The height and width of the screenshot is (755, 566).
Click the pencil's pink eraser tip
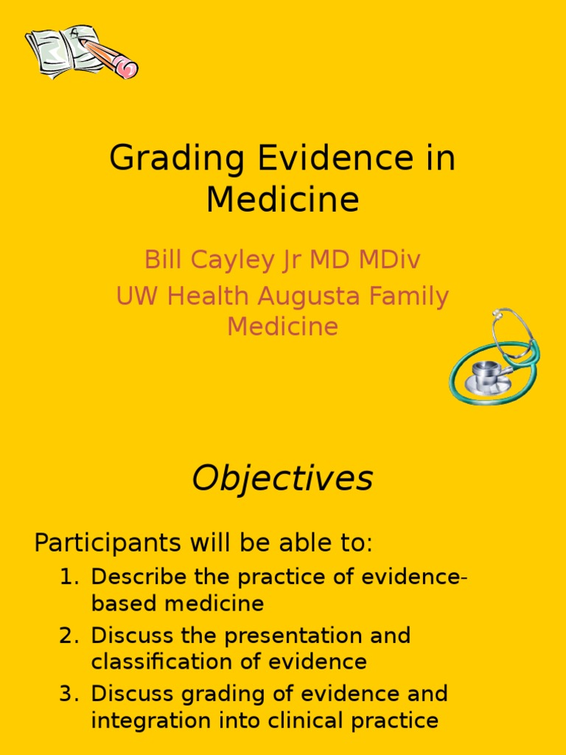pos(129,69)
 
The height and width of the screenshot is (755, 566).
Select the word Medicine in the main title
pos(283,200)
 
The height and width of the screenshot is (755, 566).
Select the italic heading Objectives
pos(283,479)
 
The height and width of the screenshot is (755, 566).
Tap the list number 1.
pos(68,577)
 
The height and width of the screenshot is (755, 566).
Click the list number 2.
pos(68,636)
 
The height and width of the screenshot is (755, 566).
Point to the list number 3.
pos(68,694)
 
